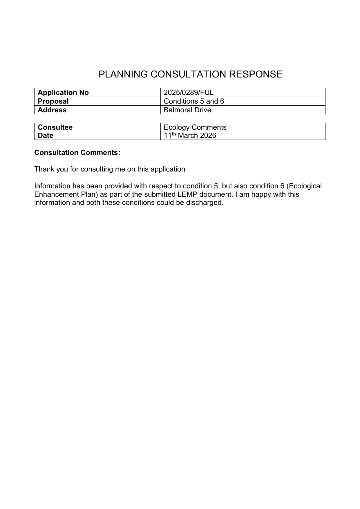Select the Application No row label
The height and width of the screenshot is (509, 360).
63,93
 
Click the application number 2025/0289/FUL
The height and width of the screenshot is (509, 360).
189,93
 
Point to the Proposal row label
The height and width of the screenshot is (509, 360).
53,101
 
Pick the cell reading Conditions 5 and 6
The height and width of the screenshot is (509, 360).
194,101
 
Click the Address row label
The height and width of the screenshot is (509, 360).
52,110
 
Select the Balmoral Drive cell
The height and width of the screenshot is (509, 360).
187,110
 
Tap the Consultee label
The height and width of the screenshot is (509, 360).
55,127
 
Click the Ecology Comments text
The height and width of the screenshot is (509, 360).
195,127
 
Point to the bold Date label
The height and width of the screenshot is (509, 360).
46,136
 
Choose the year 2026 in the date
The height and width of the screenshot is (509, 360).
208,136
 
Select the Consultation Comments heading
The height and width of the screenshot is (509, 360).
77,153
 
